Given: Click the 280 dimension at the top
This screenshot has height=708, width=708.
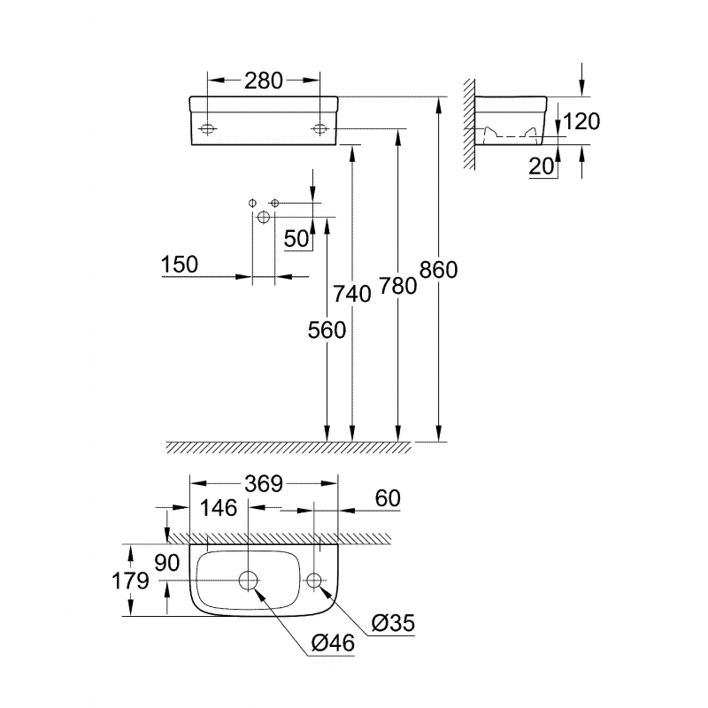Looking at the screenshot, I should (264, 81).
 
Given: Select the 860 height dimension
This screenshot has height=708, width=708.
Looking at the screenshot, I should (438, 269).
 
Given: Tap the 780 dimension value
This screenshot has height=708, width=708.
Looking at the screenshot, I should (397, 285).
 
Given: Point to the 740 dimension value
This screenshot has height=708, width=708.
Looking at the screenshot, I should (352, 293).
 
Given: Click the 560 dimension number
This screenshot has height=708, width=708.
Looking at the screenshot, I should (327, 329).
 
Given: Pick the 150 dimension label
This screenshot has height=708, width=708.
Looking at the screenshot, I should (180, 264).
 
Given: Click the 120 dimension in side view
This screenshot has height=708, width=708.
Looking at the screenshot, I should (581, 121).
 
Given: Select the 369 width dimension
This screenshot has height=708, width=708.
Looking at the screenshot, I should (264, 483).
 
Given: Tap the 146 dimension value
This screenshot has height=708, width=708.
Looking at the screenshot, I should (218, 508).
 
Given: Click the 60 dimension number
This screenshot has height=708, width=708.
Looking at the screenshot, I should (387, 498).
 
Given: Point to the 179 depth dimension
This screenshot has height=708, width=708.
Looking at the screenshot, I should (130, 581).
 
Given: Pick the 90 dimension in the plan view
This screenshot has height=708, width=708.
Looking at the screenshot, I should (166, 563).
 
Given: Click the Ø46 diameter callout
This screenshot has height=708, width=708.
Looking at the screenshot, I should (334, 643).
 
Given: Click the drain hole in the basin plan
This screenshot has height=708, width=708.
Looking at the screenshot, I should (249, 581).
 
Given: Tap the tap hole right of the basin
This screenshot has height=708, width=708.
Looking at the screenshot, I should (314, 581).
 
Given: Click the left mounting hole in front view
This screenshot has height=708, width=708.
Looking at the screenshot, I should (207, 129).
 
